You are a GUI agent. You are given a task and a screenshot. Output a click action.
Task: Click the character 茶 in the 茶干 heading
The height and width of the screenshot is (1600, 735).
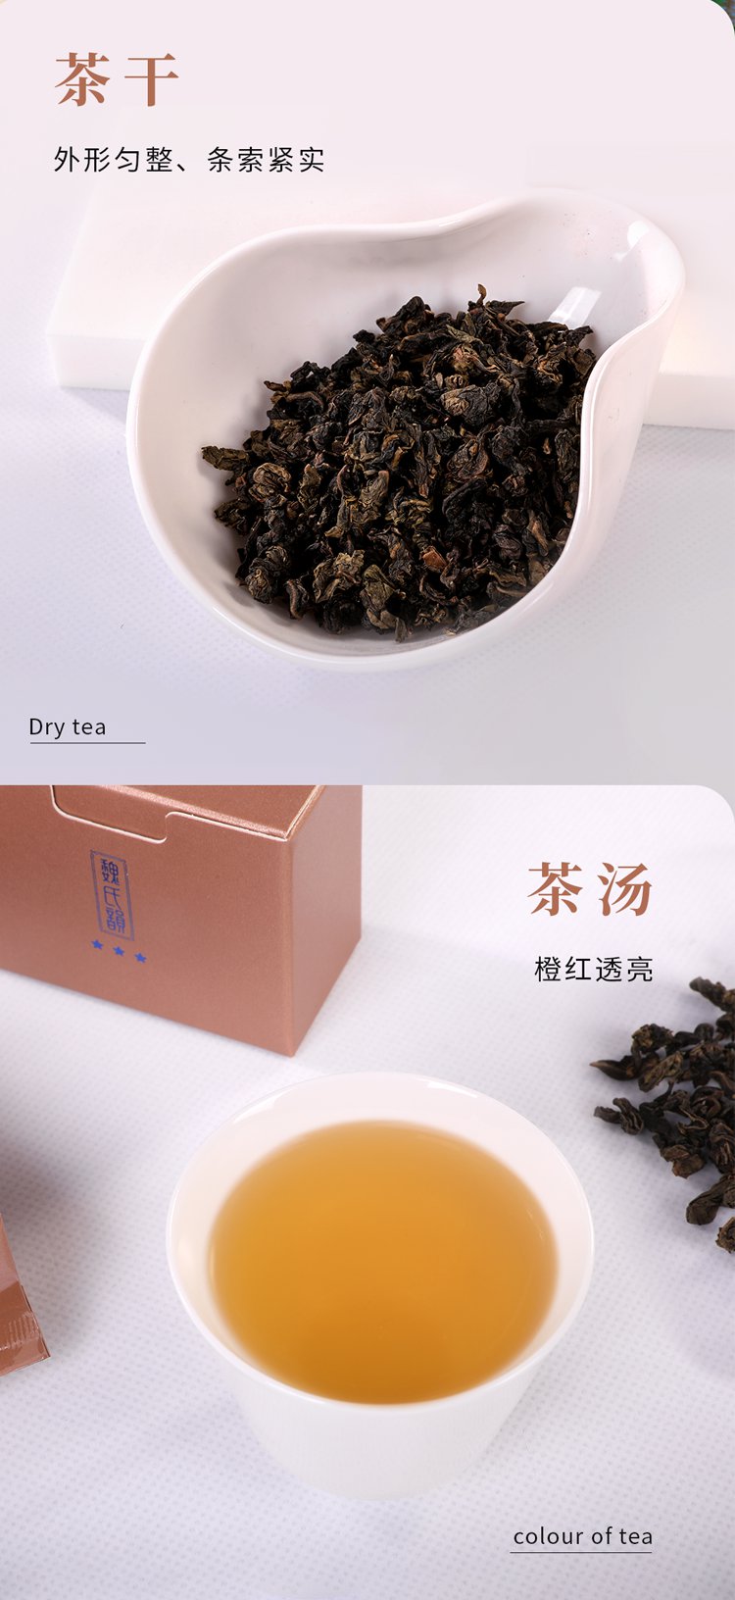pos(83,78)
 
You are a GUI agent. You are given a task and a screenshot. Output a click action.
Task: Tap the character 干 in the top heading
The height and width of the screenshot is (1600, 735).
pos(151,78)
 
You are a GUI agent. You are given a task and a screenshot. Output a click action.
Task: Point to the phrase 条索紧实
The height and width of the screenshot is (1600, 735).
pos(266,159)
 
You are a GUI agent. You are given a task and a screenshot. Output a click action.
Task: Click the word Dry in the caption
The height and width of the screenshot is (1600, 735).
pos(46,727)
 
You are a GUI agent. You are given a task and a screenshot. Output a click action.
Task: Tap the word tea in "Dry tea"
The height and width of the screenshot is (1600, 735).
pos(88,727)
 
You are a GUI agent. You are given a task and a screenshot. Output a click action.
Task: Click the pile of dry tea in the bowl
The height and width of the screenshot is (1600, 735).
pos(400,465)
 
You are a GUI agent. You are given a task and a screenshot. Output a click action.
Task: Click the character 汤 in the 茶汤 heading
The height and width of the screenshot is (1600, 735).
pos(624,888)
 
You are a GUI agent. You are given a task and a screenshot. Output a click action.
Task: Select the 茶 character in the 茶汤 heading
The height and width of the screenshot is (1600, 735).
pos(556,888)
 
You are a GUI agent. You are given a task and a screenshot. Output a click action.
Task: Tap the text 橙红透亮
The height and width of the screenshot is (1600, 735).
pos(594,970)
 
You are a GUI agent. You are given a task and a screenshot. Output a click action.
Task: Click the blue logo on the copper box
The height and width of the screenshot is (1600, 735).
pos(112,895)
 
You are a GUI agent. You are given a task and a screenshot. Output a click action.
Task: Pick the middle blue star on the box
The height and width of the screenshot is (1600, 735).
pos(120,951)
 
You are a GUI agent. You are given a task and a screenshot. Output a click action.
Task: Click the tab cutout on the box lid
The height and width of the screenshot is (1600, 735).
pos(115,815)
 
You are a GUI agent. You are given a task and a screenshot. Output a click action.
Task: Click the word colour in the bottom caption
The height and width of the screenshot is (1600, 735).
pos(549,1535)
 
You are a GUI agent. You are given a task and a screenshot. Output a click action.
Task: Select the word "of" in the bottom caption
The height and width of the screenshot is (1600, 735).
pos(602,1535)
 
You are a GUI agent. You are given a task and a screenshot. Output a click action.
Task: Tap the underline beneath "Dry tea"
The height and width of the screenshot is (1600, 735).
pos(87,743)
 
